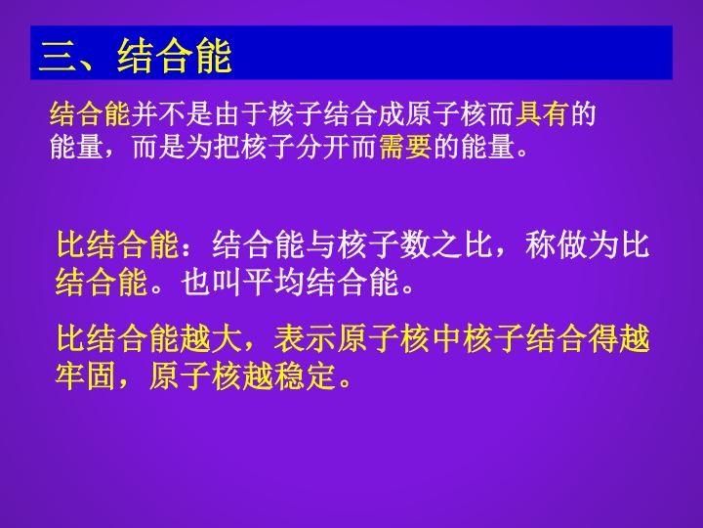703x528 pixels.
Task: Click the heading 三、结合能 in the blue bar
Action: (135, 56)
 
